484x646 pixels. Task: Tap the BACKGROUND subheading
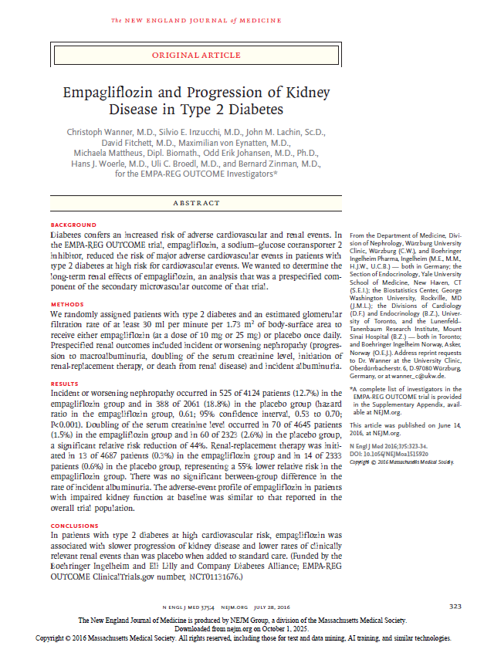pos(70,225)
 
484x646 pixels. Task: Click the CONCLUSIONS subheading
pos(74,526)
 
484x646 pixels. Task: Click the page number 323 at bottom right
pos(455,606)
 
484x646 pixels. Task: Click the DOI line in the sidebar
pos(388,454)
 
